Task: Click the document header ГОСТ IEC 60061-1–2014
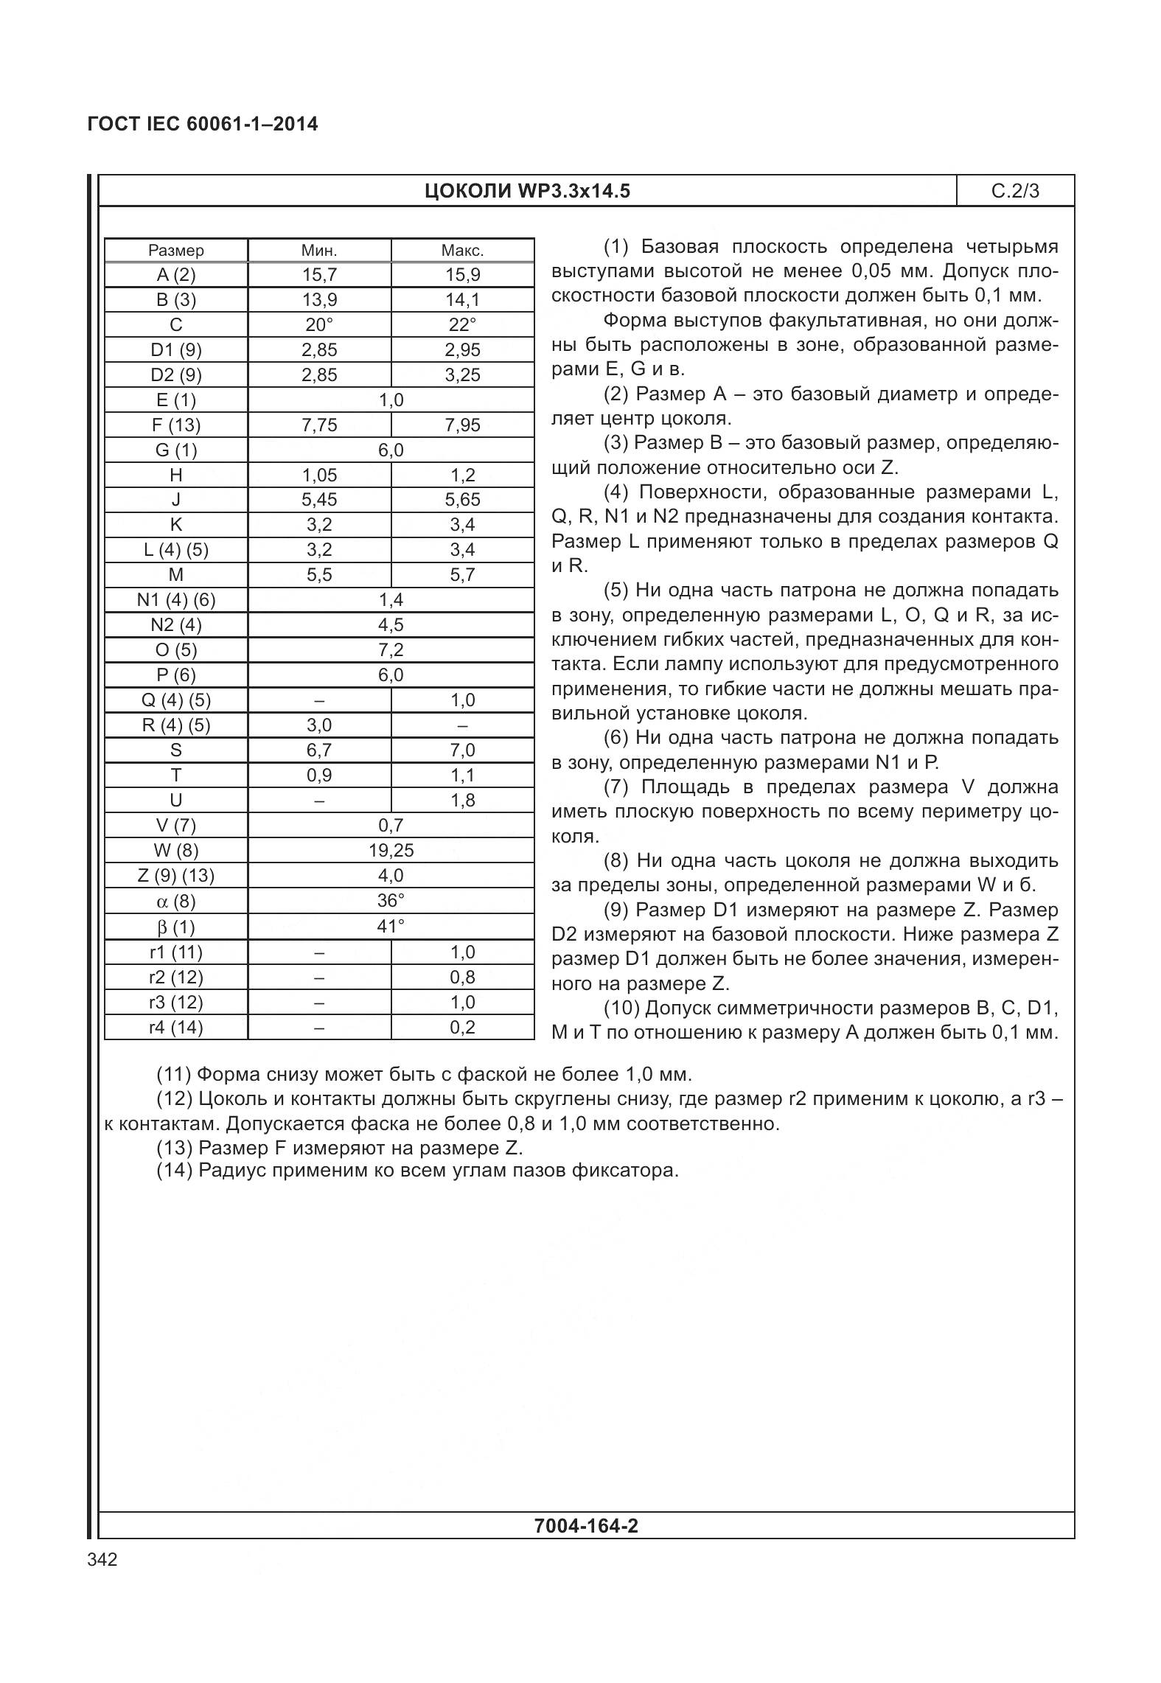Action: (203, 124)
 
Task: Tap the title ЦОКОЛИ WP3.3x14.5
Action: (527, 192)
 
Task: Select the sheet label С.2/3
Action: (1015, 192)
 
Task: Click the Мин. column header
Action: (319, 251)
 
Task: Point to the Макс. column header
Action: (462, 251)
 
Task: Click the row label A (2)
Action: (176, 275)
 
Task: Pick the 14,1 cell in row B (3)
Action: (462, 300)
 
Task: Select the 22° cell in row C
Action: (462, 325)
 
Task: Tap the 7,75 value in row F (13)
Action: (319, 425)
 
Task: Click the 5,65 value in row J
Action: (462, 500)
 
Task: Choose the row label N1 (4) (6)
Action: (176, 600)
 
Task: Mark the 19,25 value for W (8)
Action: (391, 850)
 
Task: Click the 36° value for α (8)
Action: (391, 901)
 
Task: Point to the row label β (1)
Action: (176, 927)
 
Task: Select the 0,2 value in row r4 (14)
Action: (462, 1027)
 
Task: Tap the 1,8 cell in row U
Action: (462, 800)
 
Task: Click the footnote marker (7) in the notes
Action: (616, 787)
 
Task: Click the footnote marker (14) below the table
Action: (174, 1170)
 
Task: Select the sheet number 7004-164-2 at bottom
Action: (586, 1526)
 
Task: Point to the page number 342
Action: (102, 1560)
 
